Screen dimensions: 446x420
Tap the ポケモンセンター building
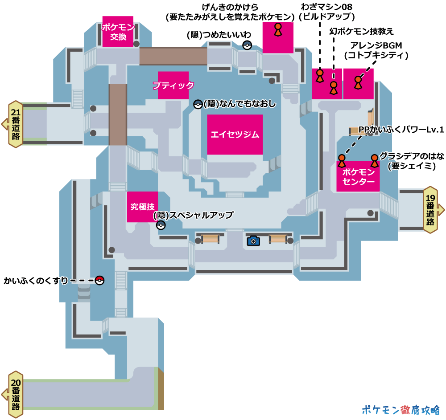[x=358, y=176]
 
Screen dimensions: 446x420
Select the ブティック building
[x=173, y=85]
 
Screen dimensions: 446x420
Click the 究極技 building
[x=142, y=207]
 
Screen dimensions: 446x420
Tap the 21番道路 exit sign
[x=16, y=124]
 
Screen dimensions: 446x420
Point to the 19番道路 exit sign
[x=430, y=209]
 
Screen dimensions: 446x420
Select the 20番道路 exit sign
[x=16, y=394]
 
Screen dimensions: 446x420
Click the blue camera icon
[x=253, y=241]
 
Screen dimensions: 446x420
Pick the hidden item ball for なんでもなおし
[x=198, y=104]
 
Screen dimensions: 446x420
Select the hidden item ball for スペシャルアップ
[x=161, y=225]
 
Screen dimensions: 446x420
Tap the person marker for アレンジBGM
[x=358, y=82]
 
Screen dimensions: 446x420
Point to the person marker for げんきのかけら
[x=277, y=29]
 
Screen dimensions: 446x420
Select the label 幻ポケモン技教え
[x=361, y=31]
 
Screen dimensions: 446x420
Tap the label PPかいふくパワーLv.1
[x=401, y=130]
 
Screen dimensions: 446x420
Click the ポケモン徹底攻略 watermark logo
[x=401, y=410]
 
